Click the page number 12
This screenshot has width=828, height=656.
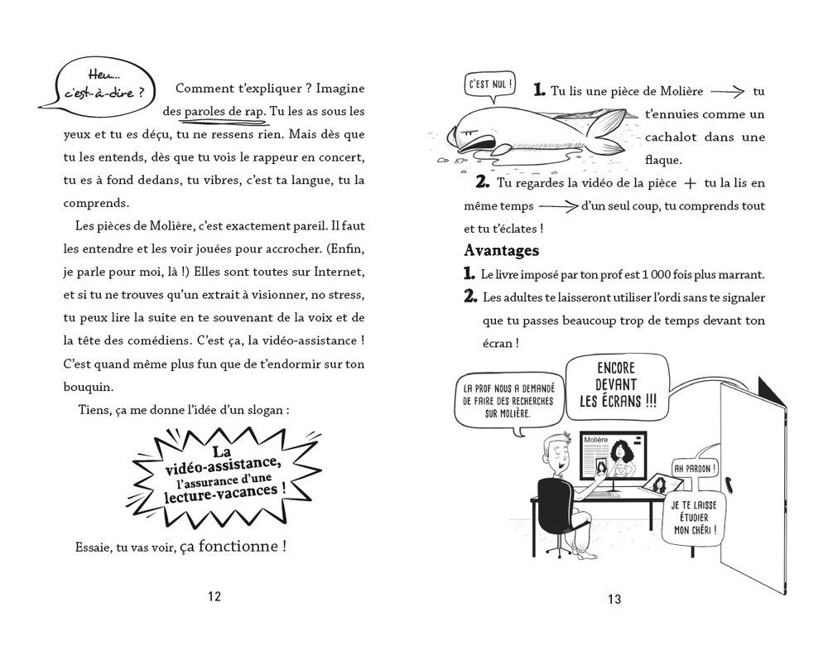[214, 596]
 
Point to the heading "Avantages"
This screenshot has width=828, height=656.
[502, 250]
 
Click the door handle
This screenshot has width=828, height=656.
[728, 481]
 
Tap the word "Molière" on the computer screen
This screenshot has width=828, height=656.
[596, 439]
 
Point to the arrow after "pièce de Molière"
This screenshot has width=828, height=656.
[727, 93]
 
